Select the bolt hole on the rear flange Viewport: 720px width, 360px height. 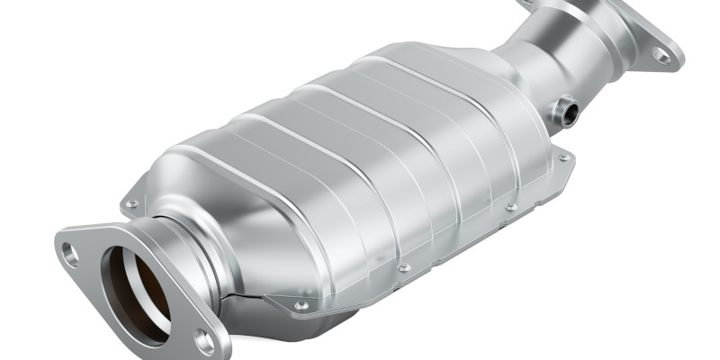click(x=661, y=56)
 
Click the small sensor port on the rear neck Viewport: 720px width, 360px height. click(x=567, y=113)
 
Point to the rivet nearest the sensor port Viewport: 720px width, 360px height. click(x=563, y=157)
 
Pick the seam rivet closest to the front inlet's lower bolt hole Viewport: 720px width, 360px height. click(x=301, y=305)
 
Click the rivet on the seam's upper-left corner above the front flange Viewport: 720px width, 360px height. click(x=133, y=204)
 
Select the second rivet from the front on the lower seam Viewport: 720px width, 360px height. click(x=404, y=267)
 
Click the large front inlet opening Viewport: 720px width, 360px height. click(x=135, y=292)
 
